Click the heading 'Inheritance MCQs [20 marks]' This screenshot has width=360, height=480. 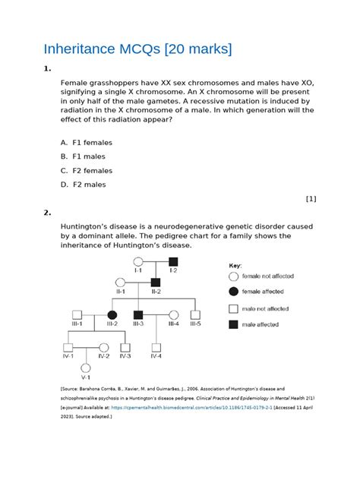(126, 49)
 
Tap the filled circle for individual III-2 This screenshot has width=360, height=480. (112, 314)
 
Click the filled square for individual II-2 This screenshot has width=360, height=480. (156, 283)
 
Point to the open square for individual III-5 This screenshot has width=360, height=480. (194, 314)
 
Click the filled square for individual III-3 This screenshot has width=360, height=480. (138, 314)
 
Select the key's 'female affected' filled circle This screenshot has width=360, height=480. (233, 291)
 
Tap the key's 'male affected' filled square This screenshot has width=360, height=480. (233, 325)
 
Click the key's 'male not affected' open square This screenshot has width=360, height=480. (233, 308)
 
